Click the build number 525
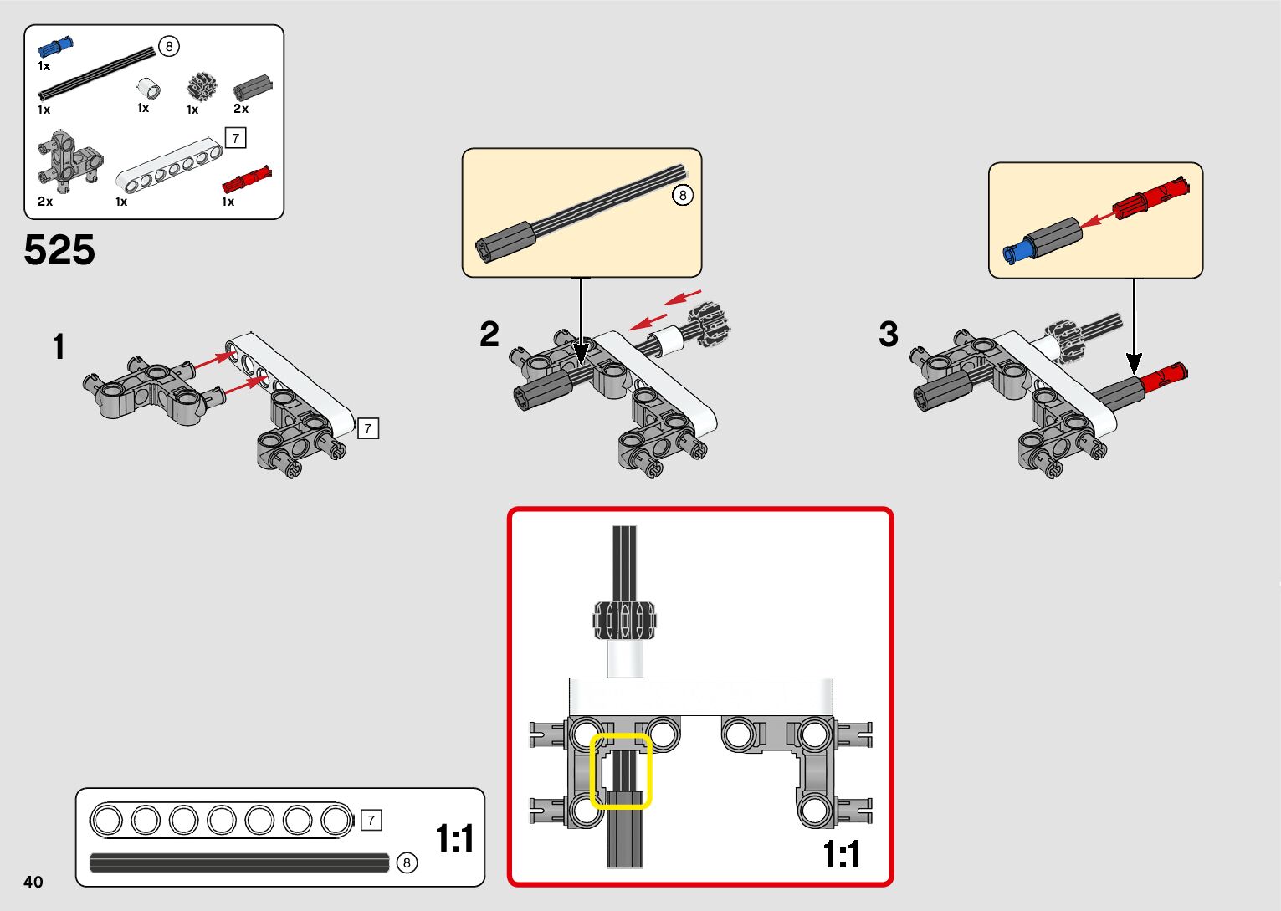pyautogui.click(x=59, y=250)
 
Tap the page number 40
pyautogui.click(x=33, y=882)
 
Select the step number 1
pyautogui.click(x=58, y=347)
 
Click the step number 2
pyautogui.click(x=489, y=335)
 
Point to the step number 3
pyautogui.click(x=889, y=335)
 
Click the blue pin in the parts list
pyautogui.click(x=55, y=47)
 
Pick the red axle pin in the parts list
pyautogui.click(x=247, y=179)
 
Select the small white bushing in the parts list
pyautogui.click(x=149, y=87)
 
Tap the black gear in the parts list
pyautogui.click(x=201, y=87)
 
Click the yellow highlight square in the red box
pyautogui.click(x=621, y=771)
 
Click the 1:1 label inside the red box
pyautogui.click(x=842, y=855)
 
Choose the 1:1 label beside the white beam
pyautogui.click(x=454, y=838)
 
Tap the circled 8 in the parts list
pyautogui.click(x=169, y=46)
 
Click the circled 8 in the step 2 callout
pyautogui.click(x=683, y=195)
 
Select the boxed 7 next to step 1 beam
pyautogui.click(x=367, y=428)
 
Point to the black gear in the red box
pyautogui.click(x=624, y=620)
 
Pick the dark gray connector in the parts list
pyautogui.click(x=254, y=86)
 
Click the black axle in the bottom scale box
pyautogui.click(x=239, y=862)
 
